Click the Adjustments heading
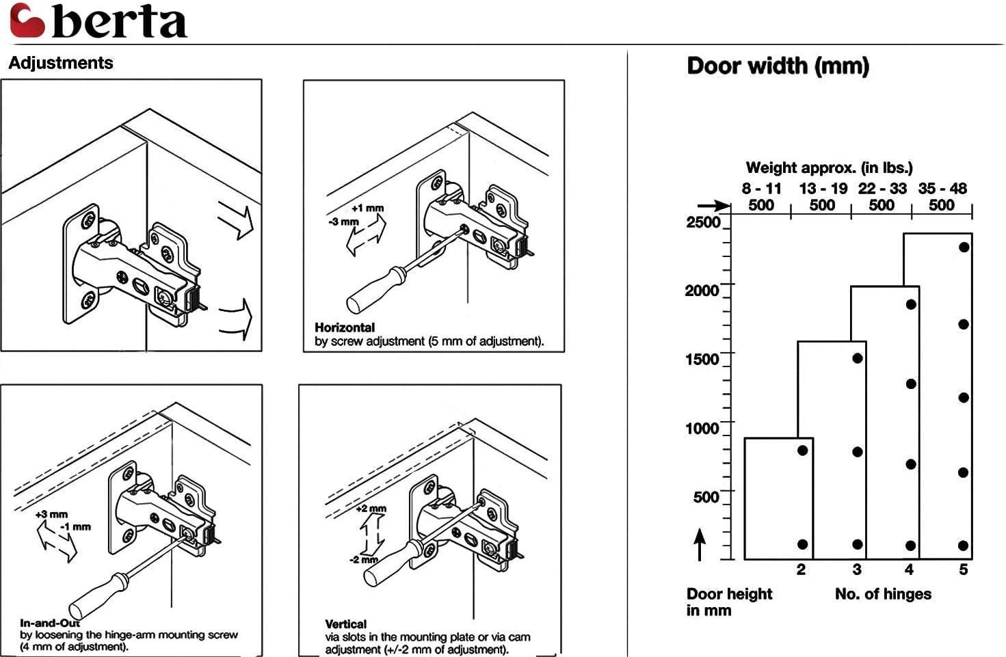click(61, 63)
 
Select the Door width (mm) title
click(778, 66)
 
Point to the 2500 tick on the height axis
click(703, 222)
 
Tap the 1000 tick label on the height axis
click(702, 429)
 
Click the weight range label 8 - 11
click(761, 189)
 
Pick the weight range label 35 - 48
click(942, 189)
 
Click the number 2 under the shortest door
click(801, 569)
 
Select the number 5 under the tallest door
click(963, 569)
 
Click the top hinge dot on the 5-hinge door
click(964, 247)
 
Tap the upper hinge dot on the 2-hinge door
click(802, 451)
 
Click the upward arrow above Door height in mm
click(700, 545)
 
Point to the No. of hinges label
click(883, 594)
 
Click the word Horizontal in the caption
click(345, 327)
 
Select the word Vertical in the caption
click(345, 624)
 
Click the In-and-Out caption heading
click(50, 623)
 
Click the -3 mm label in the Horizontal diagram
click(343, 222)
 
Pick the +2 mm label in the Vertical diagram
click(371, 509)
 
